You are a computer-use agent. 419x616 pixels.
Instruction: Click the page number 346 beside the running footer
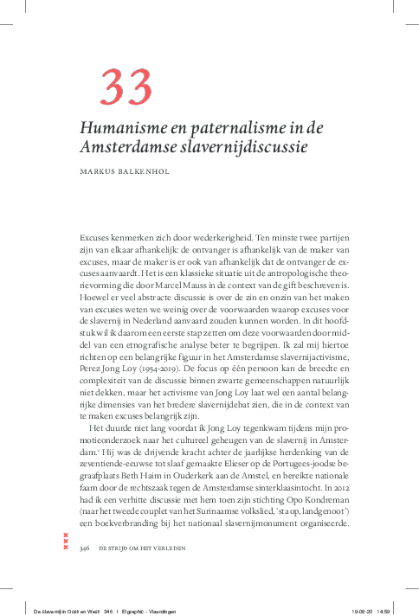point(86,549)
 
